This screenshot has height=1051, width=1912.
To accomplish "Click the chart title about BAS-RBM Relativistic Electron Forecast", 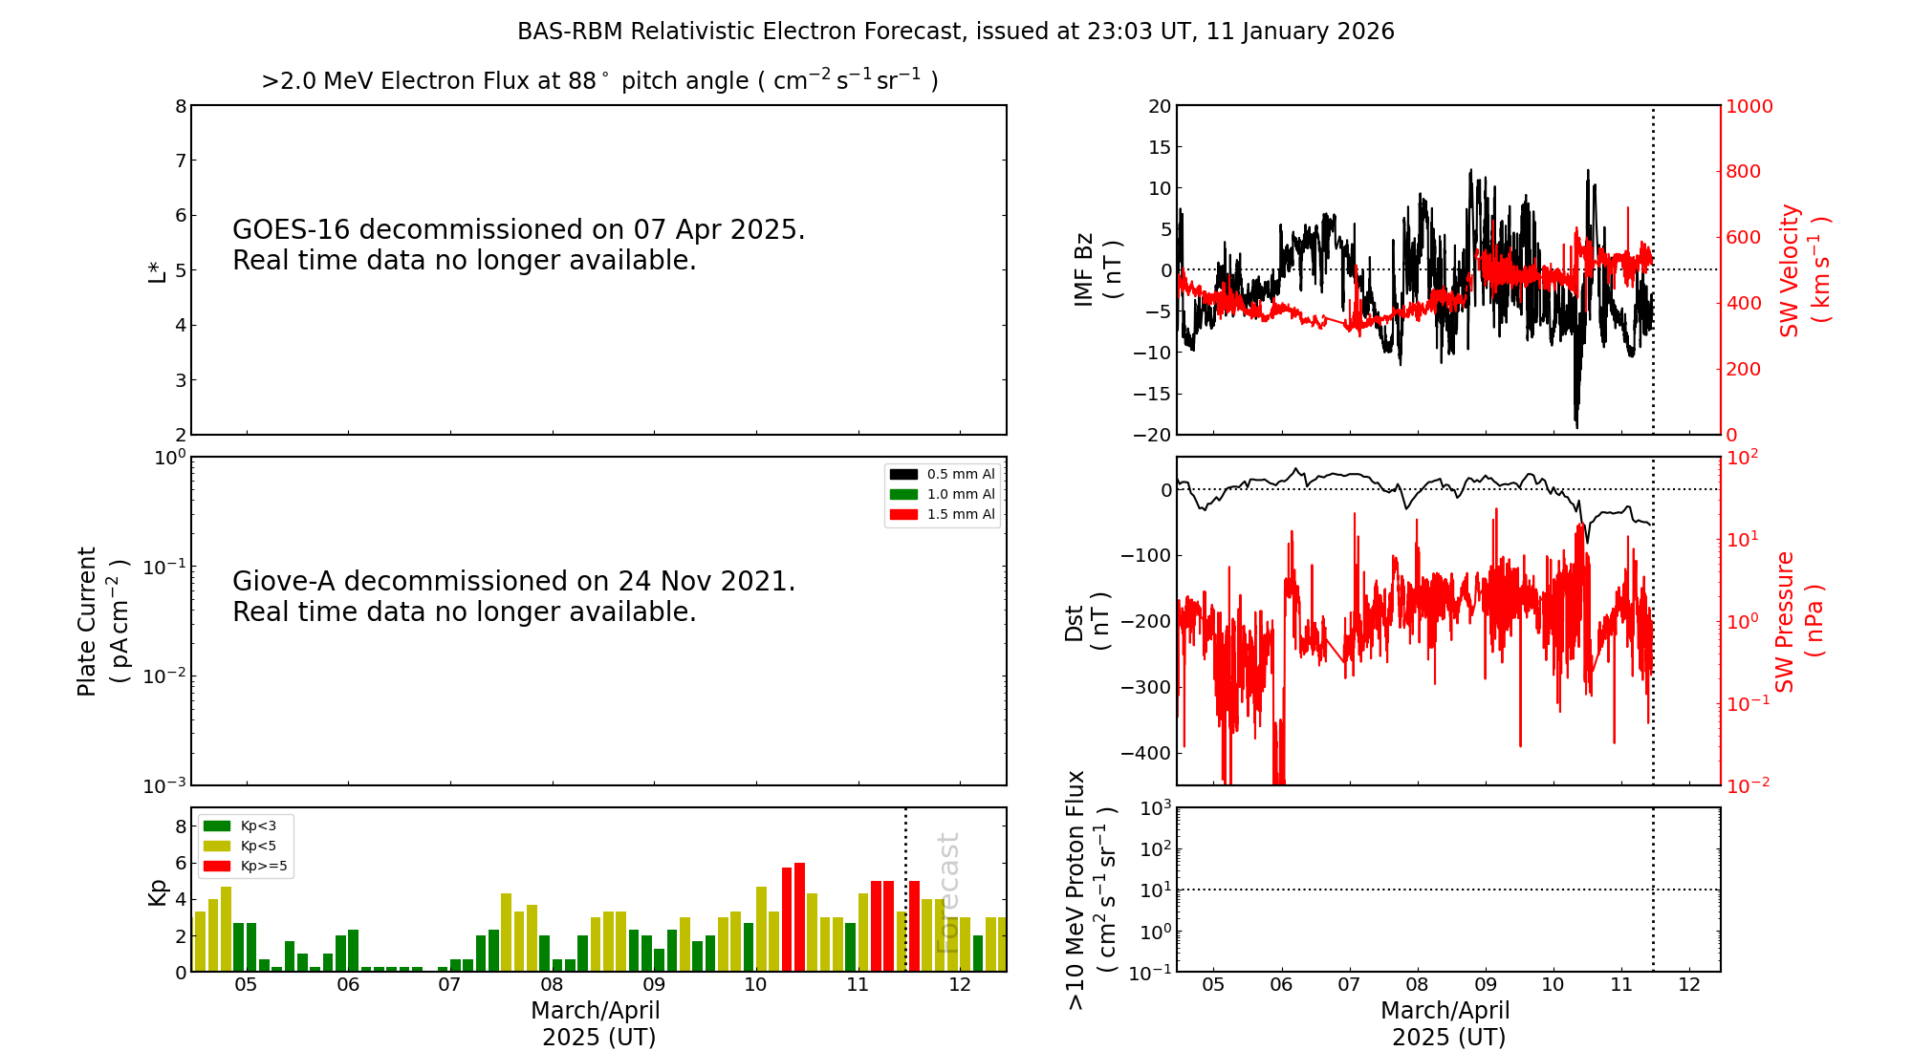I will tap(955, 32).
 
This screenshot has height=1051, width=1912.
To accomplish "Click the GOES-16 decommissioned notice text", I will tap(518, 245).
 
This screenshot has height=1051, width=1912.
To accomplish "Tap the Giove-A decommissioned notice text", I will tap(513, 596).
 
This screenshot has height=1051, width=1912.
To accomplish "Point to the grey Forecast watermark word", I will tap(947, 892).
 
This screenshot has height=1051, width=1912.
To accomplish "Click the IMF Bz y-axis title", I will tap(1097, 269).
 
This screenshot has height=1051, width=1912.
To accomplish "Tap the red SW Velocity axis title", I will tap(1803, 269).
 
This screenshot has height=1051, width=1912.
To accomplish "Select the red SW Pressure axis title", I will tap(1799, 621).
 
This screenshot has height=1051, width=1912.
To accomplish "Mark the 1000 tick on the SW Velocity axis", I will tap(1749, 106).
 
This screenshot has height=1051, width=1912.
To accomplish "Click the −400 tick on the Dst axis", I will tap(1145, 753).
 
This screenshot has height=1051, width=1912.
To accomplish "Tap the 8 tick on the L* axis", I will tap(181, 106).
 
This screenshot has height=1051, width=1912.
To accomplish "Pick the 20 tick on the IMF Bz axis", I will tap(1160, 106).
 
